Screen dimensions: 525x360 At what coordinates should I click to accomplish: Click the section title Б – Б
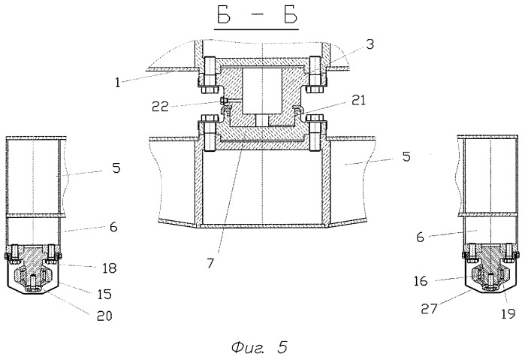(x=257, y=16)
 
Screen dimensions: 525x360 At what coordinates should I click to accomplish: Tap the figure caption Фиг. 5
(x=259, y=347)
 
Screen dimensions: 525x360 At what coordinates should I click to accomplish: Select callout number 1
(x=117, y=83)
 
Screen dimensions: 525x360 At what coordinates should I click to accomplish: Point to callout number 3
(x=370, y=44)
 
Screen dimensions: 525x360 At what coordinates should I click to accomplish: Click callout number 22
(x=160, y=107)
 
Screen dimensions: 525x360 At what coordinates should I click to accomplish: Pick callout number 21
(x=358, y=100)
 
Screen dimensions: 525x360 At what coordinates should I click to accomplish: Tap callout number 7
(x=210, y=264)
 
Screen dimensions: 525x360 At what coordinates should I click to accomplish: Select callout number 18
(x=109, y=268)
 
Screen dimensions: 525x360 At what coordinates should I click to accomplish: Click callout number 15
(x=104, y=294)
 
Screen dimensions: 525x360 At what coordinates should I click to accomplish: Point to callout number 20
(x=104, y=316)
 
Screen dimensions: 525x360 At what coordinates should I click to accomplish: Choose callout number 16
(x=421, y=281)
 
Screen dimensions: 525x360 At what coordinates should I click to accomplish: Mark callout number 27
(x=429, y=308)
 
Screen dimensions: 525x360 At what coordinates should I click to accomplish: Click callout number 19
(x=508, y=313)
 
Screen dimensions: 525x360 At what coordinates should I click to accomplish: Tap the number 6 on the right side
(x=420, y=237)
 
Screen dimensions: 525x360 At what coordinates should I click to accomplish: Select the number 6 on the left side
(x=113, y=227)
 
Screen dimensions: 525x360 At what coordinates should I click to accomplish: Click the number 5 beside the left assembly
(x=116, y=168)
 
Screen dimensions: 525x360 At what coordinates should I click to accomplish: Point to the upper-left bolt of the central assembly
(x=209, y=74)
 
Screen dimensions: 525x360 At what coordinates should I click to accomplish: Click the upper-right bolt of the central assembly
(x=315, y=74)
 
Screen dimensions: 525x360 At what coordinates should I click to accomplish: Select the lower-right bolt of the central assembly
(x=315, y=133)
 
